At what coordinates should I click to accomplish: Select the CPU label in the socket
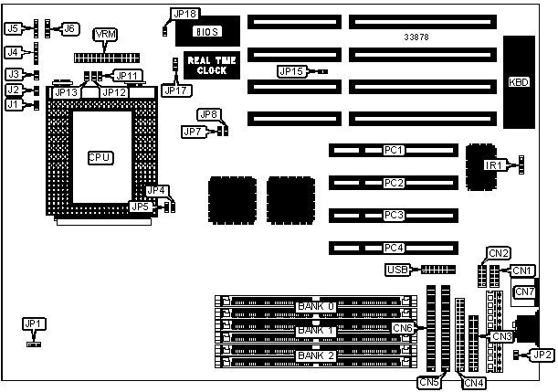(x=100, y=158)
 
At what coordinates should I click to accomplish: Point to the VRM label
(x=106, y=33)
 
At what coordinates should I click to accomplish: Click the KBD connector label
(x=518, y=82)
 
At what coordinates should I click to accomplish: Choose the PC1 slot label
(x=394, y=149)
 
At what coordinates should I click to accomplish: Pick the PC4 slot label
(x=394, y=247)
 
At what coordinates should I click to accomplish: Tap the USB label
(x=398, y=270)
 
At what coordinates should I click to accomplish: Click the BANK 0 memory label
(x=316, y=304)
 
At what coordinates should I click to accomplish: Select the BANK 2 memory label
(x=316, y=355)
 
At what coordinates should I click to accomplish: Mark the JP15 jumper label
(x=291, y=70)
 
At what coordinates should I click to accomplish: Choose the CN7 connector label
(x=524, y=291)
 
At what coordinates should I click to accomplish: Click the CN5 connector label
(x=428, y=381)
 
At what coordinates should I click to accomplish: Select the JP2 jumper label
(x=542, y=355)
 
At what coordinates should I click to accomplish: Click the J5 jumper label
(x=13, y=28)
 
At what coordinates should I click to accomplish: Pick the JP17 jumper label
(x=173, y=90)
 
